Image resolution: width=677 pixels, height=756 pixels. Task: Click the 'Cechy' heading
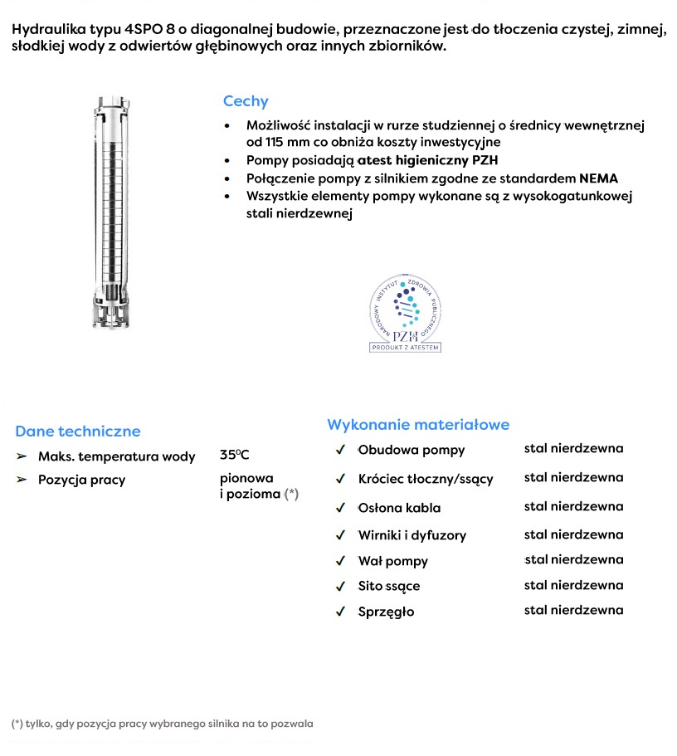(x=246, y=101)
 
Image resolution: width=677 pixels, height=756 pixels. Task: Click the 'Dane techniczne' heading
(x=78, y=432)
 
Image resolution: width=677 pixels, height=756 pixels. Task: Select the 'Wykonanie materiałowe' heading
(x=418, y=425)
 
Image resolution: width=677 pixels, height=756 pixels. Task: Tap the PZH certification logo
(x=405, y=315)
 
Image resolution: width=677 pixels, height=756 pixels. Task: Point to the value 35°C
(x=235, y=455)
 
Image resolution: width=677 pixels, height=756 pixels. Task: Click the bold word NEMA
(x=598, y=178)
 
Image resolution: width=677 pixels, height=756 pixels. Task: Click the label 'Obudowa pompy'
(x=412, y=451)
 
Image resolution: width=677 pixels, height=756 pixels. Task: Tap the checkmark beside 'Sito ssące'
(x=340, y=587)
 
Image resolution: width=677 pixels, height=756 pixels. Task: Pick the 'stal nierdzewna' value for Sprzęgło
(x=573, y=610)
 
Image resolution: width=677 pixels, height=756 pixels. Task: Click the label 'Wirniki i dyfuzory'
(x=412, y=535)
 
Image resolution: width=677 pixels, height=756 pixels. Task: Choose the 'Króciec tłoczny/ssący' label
(x=426, y=479)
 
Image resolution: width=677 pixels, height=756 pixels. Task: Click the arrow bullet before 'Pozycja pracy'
(x=22, y=480)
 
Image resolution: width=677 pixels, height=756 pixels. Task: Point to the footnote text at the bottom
(x=163, y=724)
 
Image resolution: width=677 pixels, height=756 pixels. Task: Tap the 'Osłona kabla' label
(x=399, y=508)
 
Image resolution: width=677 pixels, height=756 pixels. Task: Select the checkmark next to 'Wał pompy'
(x=340, y=562)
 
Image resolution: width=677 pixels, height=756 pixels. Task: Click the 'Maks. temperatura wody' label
(x=117, y=456)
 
